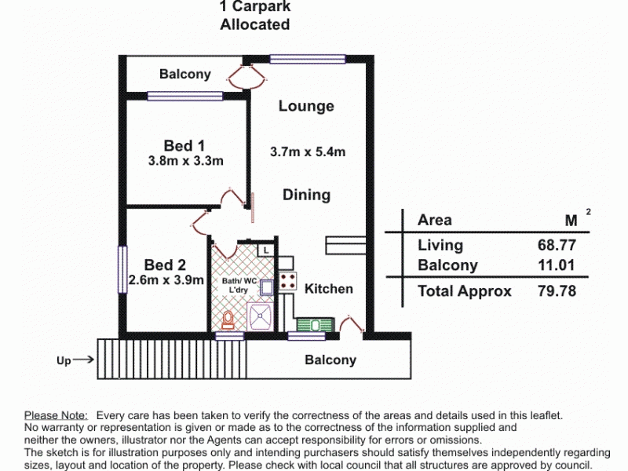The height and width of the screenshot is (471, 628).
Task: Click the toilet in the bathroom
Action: click(x=228, y=320)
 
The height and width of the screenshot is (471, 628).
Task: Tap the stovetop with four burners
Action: click(x=288, y=281)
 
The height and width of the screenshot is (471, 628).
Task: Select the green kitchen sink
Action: click(x=316, y=325)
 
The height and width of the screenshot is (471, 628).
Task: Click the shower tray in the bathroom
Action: click(x=260, y=316)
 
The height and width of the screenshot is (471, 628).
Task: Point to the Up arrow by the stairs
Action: click(x=83, y=360)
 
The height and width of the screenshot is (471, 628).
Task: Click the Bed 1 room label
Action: click(x=184, y=145)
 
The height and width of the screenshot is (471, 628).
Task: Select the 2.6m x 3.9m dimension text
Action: click(x=166, y=279)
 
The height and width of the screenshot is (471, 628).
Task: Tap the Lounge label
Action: click(x=306, y=106)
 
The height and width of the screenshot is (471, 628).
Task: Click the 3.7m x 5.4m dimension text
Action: click(x=308, y=152)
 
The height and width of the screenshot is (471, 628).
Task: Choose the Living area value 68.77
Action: click(x=557, y=245)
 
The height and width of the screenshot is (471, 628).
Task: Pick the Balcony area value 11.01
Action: click(x=557, y=265)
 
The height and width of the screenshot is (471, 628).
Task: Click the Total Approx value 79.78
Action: click(x=557, y=290)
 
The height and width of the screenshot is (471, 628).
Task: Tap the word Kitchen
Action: click(x=329, y=289)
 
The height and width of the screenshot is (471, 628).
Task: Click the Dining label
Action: click(x=307, y=195)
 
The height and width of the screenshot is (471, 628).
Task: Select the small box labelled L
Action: click(x=266, y=250)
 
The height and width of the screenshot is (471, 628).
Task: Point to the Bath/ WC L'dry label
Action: click(x=239, y=285)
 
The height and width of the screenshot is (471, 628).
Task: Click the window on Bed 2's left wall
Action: click(x=122, y=269)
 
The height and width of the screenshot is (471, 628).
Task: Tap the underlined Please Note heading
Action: click(x=56, y=415)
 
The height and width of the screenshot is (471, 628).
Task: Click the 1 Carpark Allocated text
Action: click(x=255, y=15)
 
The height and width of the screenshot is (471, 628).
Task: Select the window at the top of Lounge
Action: click(x=308, y=59)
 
